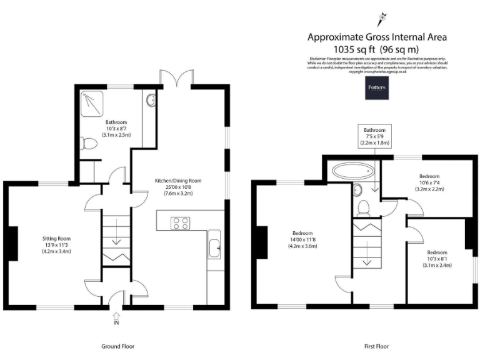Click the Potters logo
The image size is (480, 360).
[x=377, y=89]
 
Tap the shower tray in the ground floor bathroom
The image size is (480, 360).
[x=92, y=104]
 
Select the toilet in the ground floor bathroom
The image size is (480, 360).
[x=89, y=143]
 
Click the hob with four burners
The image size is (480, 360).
[x=181, y=223]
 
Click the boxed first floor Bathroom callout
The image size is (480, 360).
[x=375, y=136]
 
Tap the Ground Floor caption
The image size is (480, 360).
[x=117, y=346]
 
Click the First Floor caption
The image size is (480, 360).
[x=376, y=346]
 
